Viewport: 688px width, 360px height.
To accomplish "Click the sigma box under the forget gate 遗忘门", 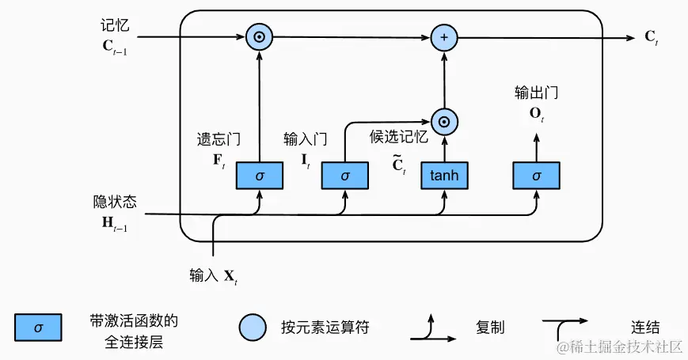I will pyautogui.click(x=260, y=175).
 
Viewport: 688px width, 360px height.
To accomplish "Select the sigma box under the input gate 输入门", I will pyautogui.click(x=345, y=175).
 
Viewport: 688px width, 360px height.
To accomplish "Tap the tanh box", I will pyautogui.click(x=444, y=175).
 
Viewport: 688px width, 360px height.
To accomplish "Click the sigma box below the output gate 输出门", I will pyautogui.click(x=536, y=175).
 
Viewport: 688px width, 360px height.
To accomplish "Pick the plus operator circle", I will pyautogui.click(x=444, y=37).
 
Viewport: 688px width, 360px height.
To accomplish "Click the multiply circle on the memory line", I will pyautogui.click(x=259, y=37).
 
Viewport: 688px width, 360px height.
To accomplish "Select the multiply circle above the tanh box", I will pyautogui.click(x=444, y=121).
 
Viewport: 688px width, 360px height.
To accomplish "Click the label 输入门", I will pyautogui.click(x=305, y=139).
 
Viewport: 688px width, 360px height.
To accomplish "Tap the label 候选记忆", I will pyautogui.click(x=398, y=136).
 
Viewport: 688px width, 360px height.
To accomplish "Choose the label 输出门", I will pyautogui.click(x=536, y=93).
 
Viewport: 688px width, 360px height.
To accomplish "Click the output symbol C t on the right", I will pyautogui.click(x=652, y=38).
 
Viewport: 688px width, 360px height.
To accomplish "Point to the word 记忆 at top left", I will pyautogui.click(x=115, y=25).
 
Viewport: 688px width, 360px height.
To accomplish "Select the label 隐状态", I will pyautogui.click(x=115, y=202).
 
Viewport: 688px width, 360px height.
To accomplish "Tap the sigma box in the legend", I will pyautogui.click(x=38, y=327).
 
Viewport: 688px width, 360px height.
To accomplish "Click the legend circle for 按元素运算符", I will pyautogui.click(x=253, y=327).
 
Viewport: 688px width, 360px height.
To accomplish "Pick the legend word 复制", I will pyautogui.click(x=490, y=327).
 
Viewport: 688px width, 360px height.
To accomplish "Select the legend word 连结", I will pyautogui.click(x=645, y=327).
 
